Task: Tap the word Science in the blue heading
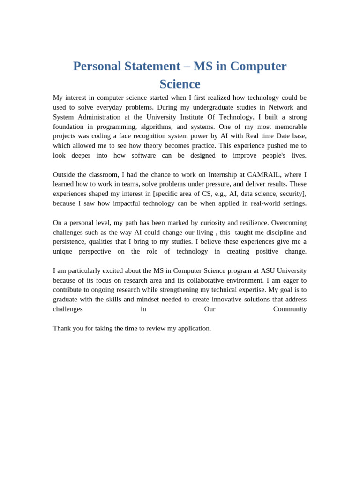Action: (x=180, y=84)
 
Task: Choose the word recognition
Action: (x=158, y=136)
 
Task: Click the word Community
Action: (x=290, y=309)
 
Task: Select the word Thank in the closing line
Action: (x=63, y=328)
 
